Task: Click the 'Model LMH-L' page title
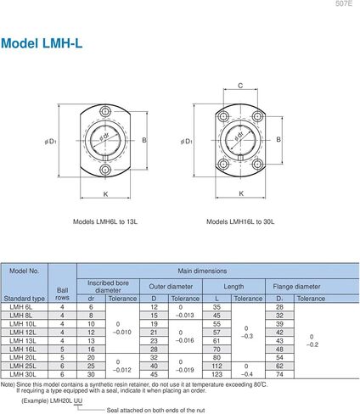pyautogui.click(x=42, y=43)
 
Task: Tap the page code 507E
pyautogui.click(x=344, y=3)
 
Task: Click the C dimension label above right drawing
pyautogui.click(x=240, y=86)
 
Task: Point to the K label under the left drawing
pyautogui.click(x=105, y=194)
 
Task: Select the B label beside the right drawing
pyautogui.click(x=278, y=139)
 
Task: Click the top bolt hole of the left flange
pyautogui.click(x=105, y=111)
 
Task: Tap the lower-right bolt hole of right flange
pyautogui.click(x=257, y=164)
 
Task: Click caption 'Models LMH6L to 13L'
pyautogui.click(x=105, y=221)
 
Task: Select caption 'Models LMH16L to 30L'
pyautogui.click(x=240, y=221)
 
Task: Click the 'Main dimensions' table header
pyautogui.click(x=202, y=271)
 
